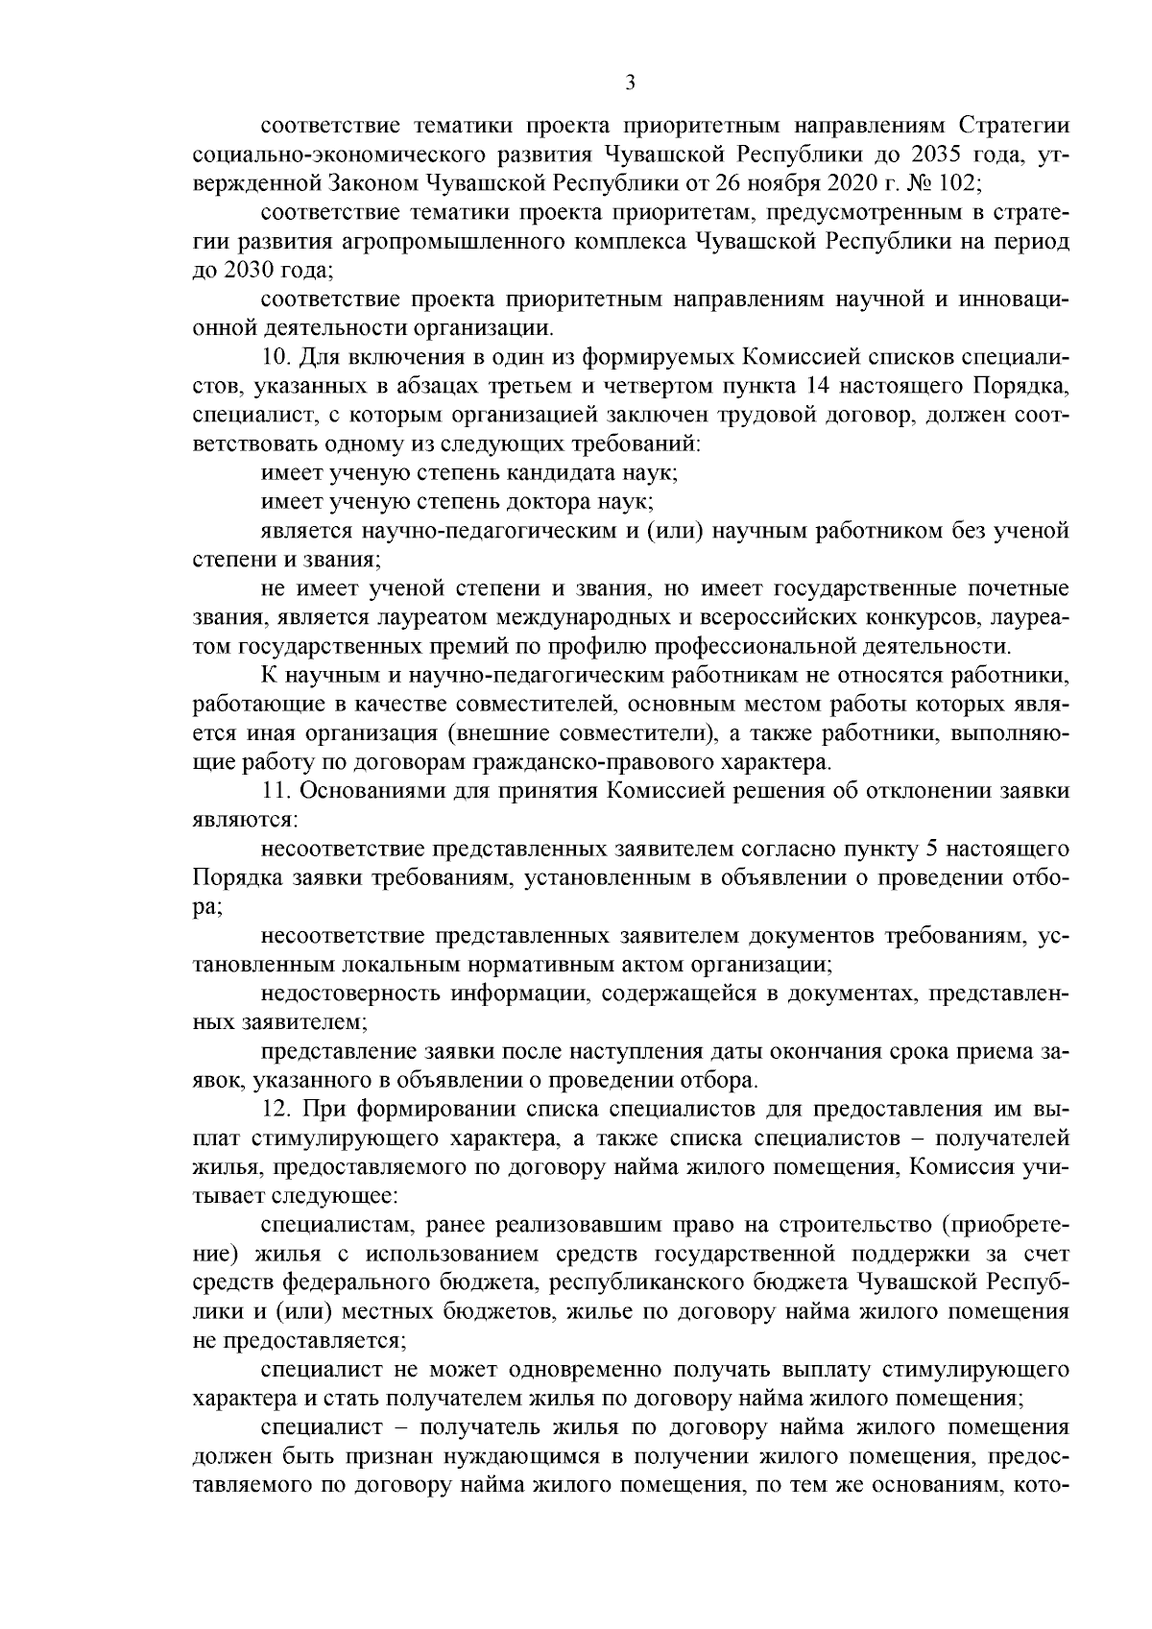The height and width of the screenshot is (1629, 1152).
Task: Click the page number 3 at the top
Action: pos(630,83)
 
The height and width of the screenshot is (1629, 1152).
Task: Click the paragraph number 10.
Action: pos(275,358)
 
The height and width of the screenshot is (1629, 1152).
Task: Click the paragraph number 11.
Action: pos(275,791)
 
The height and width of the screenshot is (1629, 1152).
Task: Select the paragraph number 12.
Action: pos(275,1110)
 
